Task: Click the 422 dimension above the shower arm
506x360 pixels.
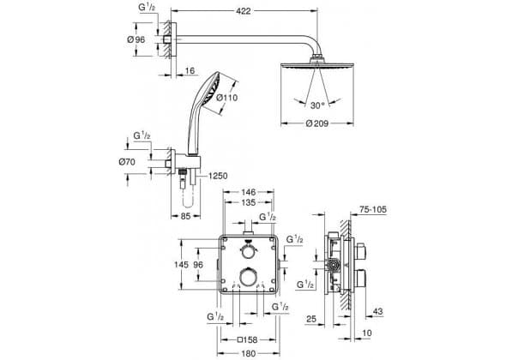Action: [x=244, y=11]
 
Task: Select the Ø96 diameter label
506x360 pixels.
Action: [x=136, y=39]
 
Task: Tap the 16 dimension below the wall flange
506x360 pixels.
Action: [x=190, y=70]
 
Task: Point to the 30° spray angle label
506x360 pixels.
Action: [x=317, y=105]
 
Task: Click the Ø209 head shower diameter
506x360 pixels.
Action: [x=317, y=123]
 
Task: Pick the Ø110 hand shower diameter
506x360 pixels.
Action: [x=227, y=97]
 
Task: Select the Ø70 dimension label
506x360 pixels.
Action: [x=127, y=162]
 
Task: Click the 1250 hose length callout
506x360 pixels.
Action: [x=218, y=176]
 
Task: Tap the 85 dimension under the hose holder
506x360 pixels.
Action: [x=185, y=216]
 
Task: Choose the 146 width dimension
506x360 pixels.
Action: [x=248, y=192]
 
